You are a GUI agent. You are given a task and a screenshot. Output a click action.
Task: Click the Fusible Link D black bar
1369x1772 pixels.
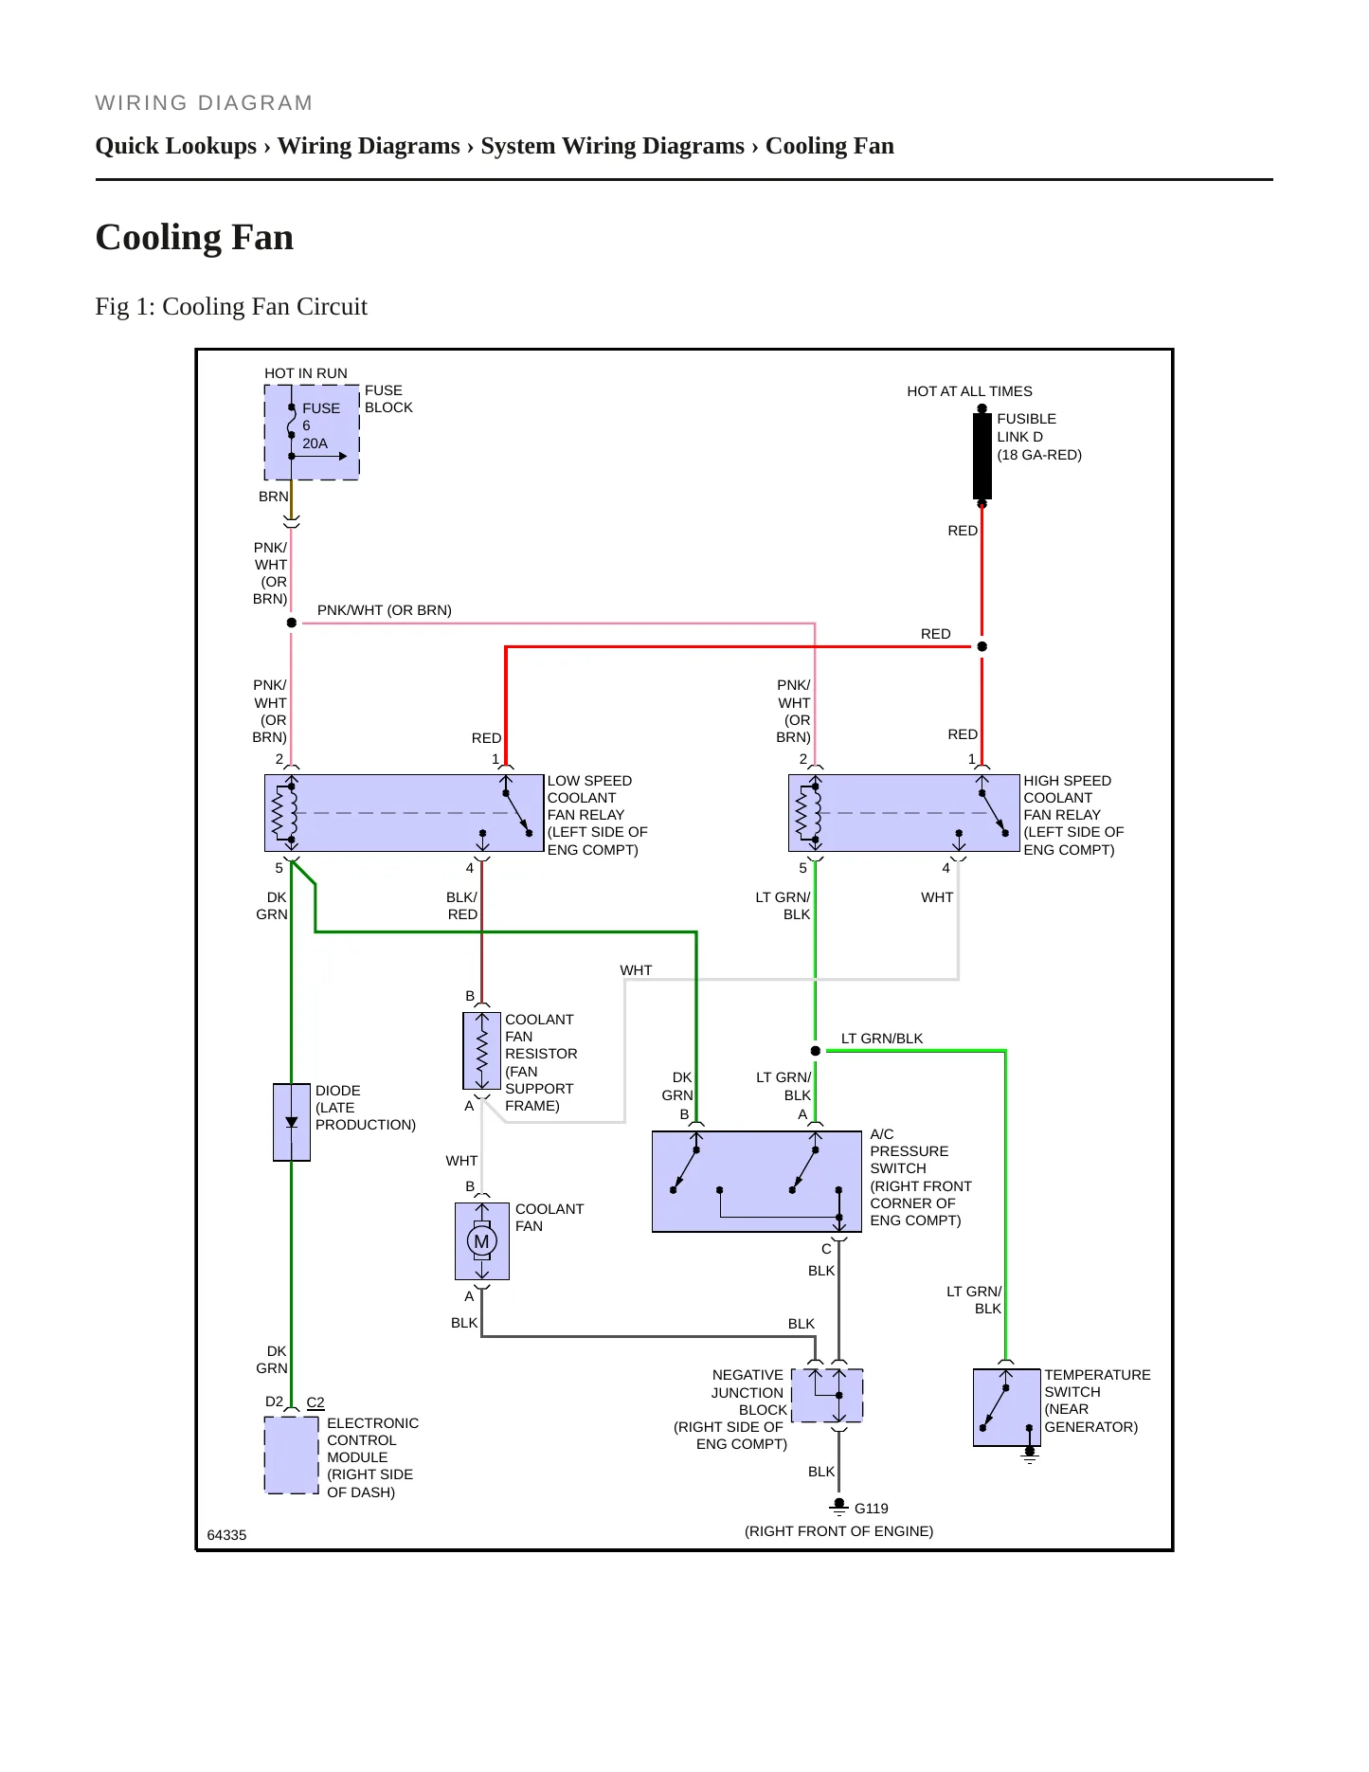[982, 456]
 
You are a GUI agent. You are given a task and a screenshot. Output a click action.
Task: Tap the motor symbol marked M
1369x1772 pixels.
[482, 1241]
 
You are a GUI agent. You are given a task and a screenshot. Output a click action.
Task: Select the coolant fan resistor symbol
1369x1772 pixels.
[482, 1051]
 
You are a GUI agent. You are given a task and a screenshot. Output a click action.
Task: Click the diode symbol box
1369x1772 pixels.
[292, 1122]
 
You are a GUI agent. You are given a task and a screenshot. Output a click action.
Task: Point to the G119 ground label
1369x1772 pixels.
[871, 1509]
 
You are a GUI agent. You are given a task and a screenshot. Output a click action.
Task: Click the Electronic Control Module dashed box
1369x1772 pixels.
[292, 1456]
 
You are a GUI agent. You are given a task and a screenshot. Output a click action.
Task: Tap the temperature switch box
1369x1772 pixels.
[1006, 1407]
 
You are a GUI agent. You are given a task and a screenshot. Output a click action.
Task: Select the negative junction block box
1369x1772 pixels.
[827, 1395]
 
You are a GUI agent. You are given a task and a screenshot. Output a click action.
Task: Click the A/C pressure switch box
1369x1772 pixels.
[756, 1182]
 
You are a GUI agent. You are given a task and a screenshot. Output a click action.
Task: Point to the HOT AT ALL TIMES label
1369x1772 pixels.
[969, 391]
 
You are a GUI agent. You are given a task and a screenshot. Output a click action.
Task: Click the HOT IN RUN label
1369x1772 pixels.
[306, 373]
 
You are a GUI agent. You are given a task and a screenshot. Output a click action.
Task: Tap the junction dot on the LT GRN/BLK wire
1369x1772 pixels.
[816, 1051]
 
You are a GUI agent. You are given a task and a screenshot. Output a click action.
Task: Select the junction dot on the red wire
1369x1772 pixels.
[982, 646]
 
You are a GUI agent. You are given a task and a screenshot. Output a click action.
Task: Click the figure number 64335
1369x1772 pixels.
[226, 1535]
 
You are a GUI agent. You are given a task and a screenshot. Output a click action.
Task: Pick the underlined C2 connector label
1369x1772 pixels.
[315, 1402]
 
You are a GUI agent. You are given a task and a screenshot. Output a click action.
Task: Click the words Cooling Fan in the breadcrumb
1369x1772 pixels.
[830, 146]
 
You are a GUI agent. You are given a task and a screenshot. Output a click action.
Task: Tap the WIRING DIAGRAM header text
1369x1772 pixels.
[204, 103]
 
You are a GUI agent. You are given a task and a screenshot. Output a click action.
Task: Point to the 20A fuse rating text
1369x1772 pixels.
[315, 443]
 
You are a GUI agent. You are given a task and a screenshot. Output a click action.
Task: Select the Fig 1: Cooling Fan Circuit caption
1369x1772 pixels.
[231, 307]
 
